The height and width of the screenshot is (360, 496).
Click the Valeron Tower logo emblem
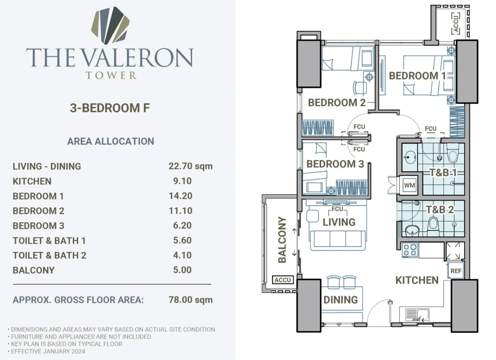110,25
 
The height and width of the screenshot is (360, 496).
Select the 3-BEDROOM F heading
110,108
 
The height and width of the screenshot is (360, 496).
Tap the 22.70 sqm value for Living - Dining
190,166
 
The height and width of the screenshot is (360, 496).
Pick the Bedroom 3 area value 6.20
182,225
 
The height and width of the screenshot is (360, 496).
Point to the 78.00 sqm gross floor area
190,300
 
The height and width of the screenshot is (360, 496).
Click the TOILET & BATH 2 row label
49,255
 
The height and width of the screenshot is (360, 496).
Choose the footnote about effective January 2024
46,351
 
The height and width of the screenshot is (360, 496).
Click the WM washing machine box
409,185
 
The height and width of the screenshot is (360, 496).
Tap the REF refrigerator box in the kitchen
456,271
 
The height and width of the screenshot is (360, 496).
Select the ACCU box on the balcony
283,280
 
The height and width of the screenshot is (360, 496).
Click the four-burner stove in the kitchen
410,250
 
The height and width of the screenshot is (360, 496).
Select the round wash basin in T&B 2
412,230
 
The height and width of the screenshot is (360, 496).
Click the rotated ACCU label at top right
456,24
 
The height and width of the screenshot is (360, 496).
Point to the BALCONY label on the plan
282,240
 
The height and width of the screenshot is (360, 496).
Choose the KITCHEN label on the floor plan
417,280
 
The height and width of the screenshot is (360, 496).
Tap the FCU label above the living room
337,209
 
